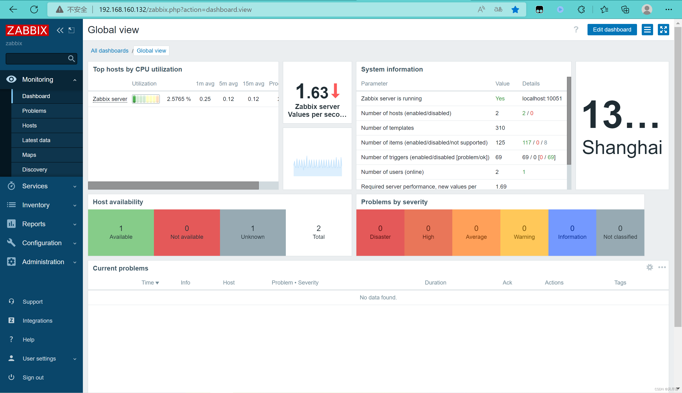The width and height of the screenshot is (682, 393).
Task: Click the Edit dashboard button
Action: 612,30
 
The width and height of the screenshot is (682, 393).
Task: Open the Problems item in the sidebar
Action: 34,111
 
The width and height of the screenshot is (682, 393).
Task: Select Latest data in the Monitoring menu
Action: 36,140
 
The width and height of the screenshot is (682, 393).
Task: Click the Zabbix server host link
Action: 110,99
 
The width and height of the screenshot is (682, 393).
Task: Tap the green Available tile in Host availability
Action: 121,232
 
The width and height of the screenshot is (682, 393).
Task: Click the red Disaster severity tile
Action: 380,232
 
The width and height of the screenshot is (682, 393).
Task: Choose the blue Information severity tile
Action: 572,232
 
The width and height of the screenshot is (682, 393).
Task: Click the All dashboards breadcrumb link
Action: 110,51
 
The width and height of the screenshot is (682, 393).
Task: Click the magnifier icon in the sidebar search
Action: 71,59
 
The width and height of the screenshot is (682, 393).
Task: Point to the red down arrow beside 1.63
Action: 335,91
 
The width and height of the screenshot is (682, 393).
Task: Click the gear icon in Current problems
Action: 650,267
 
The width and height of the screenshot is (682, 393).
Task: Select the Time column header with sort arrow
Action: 150,283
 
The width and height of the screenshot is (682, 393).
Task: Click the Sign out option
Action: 33,377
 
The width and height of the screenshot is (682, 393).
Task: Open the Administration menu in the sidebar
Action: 43,262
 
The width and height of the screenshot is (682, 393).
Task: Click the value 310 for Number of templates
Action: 500,128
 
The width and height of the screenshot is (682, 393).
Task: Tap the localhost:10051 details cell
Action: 542,99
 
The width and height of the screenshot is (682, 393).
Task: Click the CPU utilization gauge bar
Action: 146,99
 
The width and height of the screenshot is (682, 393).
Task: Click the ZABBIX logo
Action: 27,30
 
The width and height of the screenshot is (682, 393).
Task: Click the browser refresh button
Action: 34,9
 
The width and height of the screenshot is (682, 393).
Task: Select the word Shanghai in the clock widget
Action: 622,148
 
